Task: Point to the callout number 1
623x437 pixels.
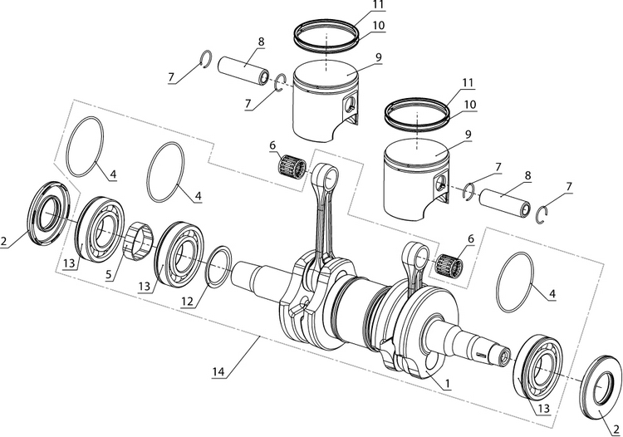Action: (x=447, y=384)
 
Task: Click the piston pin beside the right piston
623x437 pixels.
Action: (x=505, y=200)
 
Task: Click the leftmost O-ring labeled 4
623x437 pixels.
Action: (x=84, y=147)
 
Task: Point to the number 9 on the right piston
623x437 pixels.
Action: (x=468, y=134)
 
